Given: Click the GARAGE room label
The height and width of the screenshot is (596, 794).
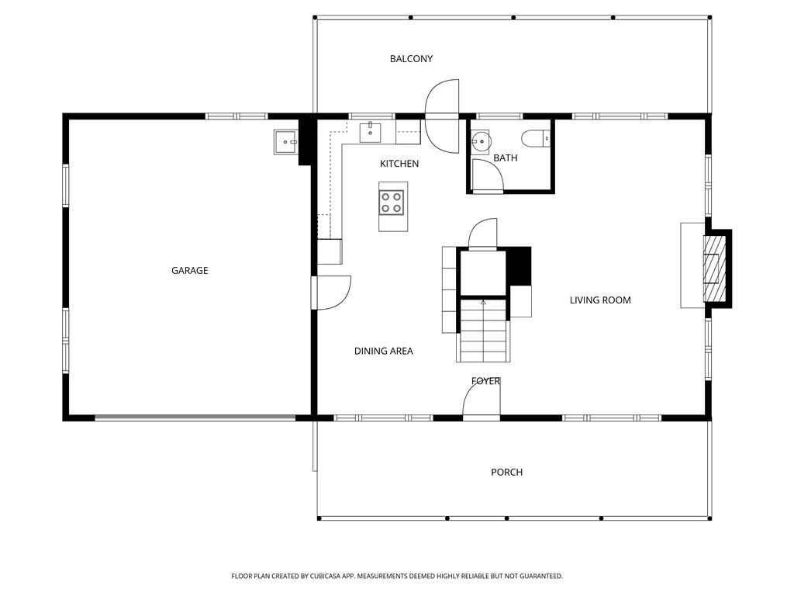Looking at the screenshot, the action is pyautogui.click(x=189, y=271).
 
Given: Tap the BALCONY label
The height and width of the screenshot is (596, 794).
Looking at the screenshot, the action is pyautogui.click(x=411, y=59).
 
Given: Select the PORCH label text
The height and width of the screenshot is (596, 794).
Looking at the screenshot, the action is pyautogui.click(x=506, y=473).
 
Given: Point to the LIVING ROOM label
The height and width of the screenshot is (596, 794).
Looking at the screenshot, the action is pyautogui.click(x=600, y=300).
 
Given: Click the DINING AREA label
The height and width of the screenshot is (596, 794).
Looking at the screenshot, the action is pyautogui.click(x=383, y=351).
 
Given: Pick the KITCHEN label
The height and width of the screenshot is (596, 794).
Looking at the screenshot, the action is pyautogui.click(x=399, y=164).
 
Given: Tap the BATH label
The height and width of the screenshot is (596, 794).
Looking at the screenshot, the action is pyautogui.click(x=506, y=158).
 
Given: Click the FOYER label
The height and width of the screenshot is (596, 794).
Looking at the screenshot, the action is pyautogui.click(x=485, y=381).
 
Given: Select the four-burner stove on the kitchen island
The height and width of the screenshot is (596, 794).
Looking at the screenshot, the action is pyautogui.click(x=392, y=203).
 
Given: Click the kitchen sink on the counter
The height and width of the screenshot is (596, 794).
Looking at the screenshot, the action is pyautogui.click(x=370, y=132).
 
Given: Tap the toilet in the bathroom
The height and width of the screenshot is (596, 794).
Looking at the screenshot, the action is pyautogui.click(x=536, y=138).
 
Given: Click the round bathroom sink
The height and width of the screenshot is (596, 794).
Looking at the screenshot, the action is pyautogui.click(x=479, y=140).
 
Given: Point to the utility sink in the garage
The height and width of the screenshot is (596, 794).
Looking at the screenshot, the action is pyautogui.click(x=286, y=141).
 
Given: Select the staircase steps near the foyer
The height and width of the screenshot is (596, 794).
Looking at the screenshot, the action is pyautogui.click(x=483, y=331).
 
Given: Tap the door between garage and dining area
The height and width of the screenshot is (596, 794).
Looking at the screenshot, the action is pyautogui.click(x=330, y=293).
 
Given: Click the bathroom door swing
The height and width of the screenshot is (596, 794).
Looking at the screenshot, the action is pyautogui.click(x=487, y=176).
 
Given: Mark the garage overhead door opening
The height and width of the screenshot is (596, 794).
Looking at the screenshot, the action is pyautogui.click(x=195, y=418).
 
